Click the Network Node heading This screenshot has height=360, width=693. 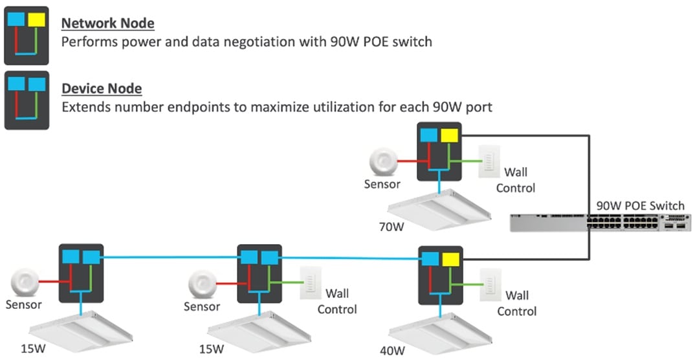[x=107, y=24]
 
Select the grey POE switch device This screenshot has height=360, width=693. [x=600, y=222]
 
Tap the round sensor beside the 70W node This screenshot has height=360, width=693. [x=382, y=161]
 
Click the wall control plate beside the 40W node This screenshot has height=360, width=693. [x=488, y=285]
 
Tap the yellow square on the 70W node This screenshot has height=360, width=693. [x=448, y=135]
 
